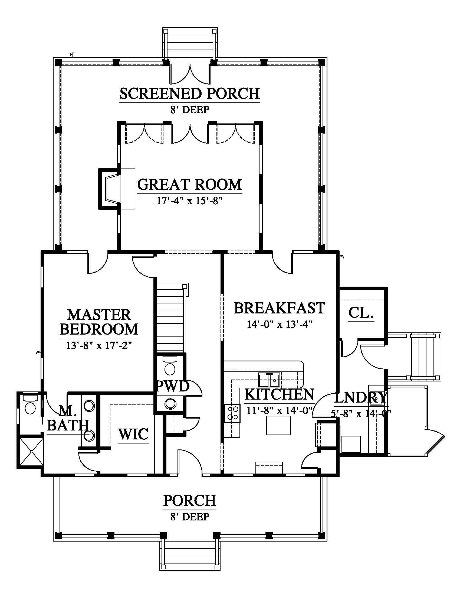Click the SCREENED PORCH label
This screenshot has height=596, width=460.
tap(190, 93)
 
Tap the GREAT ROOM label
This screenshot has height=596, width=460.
tap(190, 184)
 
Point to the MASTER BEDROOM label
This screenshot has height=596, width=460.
tap(99, 322)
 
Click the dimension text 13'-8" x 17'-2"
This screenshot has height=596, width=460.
tap(99, 345)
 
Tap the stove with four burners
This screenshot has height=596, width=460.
tap(232, 413)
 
